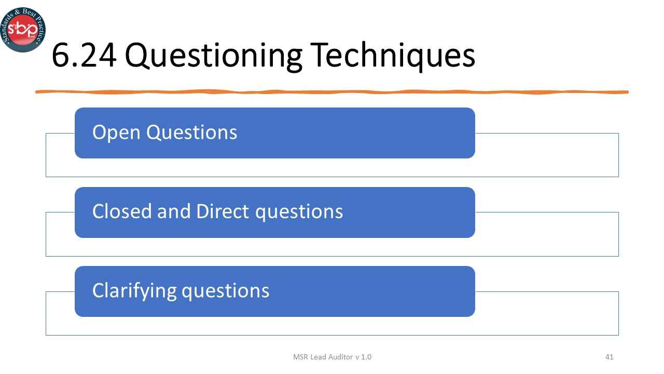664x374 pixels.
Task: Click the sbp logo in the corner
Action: click(x=23, y=29)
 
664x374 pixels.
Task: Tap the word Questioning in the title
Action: click(x=213, y=57)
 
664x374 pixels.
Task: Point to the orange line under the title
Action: click(x=332, y=92)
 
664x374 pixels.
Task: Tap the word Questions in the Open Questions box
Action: click(x=191, y=132)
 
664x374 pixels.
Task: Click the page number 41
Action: click(x=610, y=357)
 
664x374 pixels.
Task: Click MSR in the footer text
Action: click(x=300, y=357)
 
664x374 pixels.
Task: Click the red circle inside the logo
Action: click(x=23, y=29)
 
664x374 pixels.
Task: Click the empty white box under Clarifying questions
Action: click(x=545, y=325)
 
